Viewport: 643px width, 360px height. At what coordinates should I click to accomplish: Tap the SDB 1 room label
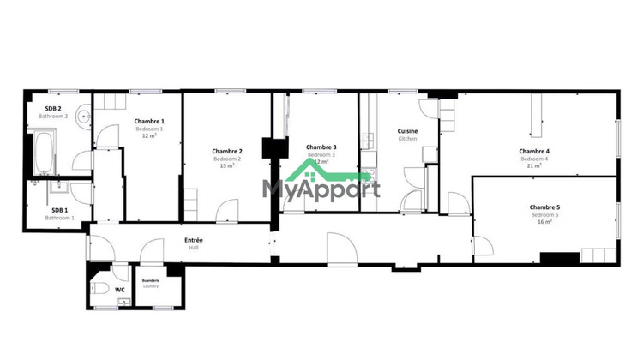(59, 210)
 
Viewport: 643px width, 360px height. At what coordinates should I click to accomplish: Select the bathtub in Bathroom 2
(42, 153)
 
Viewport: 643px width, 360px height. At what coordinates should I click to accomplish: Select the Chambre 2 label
(227, 152)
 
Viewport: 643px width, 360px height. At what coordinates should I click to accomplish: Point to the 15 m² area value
(227, 166)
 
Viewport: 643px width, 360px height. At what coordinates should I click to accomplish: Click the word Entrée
(194, 240)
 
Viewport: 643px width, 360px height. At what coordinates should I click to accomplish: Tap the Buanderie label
(151, 280)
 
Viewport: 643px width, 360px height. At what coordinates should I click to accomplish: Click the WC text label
(120, 290)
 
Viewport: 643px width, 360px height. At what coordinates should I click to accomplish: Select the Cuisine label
(407, 131)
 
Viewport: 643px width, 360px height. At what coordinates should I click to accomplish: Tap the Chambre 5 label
(544, 207)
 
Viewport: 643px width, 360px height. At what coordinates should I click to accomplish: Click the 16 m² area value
(544, 222)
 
